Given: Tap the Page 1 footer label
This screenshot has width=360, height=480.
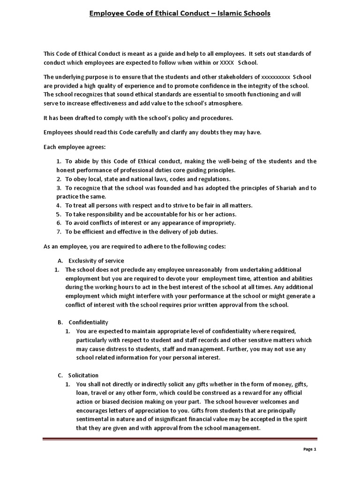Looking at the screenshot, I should (310, 462).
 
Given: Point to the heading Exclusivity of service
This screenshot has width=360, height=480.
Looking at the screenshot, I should (96, 261).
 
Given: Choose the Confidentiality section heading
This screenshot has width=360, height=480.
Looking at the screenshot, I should (89, 322).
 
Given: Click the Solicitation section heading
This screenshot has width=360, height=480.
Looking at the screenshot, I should (83, 375).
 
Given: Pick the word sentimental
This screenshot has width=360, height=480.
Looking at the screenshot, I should (94, 420).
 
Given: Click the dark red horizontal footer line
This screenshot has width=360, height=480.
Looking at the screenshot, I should (180, 439).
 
